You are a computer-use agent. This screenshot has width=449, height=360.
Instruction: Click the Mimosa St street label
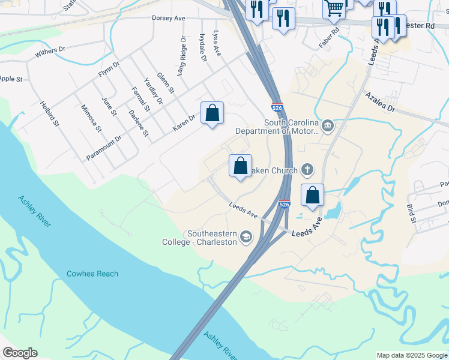(x=91, y=118)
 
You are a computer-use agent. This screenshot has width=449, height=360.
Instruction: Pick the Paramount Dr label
(x=104, y=147)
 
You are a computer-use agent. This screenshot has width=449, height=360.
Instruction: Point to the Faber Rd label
(x=329, y=37)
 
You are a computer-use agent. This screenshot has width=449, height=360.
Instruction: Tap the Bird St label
(x=411, y=213)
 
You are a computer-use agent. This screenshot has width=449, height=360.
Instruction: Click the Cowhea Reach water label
(x=92, y=274)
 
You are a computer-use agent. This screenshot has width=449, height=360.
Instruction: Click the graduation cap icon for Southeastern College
(x=245, y=238)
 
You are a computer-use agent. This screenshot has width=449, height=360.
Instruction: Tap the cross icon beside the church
(x=307, y=170)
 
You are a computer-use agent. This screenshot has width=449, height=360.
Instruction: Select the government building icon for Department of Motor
(x=328, y=125)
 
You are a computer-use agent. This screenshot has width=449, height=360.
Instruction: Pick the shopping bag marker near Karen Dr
(x=212, y=112)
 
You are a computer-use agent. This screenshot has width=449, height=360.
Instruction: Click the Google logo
(x=20, y=353)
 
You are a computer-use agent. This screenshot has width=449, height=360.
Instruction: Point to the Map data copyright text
(x=412, y=355)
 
